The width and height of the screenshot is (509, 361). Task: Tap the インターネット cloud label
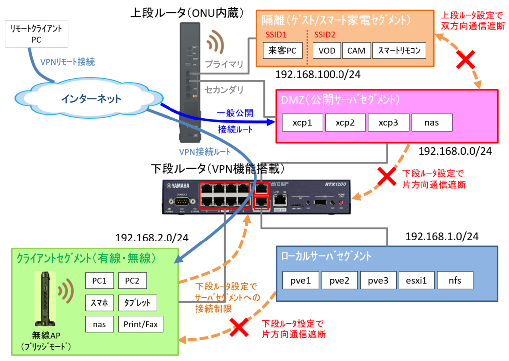[x=91, y=99]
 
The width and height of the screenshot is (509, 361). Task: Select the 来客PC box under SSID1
[x=282, y=50]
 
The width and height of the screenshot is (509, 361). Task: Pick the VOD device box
[x=327, y=50]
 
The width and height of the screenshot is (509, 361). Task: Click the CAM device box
[x=356, y=50]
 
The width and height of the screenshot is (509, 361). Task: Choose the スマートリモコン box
[x=399, y=50]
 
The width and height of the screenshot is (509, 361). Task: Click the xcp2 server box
[x=345, y=122]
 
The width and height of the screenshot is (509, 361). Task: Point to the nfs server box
[x=455, y=280]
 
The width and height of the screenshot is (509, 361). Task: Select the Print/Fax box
[x=141, y=324]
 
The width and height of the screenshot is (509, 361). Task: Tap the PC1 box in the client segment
[x=100, y=280]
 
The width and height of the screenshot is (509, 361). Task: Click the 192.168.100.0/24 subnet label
[x=317, y=75]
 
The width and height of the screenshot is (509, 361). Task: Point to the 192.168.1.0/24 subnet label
[x=441, y=236]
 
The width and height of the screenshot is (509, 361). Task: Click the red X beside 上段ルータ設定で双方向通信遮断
[x=465, y=61]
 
